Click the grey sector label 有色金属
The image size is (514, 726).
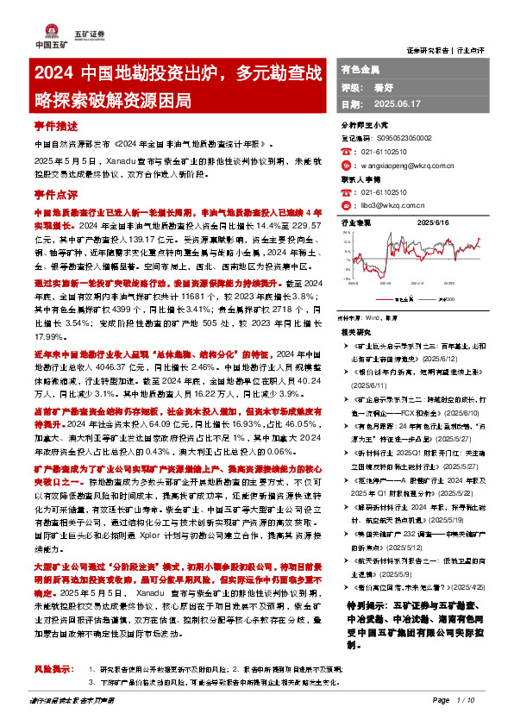(360, 67)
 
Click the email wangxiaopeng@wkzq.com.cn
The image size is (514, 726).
(404, 161)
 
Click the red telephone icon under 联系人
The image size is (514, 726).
(346, 193)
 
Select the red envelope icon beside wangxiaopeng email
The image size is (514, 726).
(346, 161)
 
